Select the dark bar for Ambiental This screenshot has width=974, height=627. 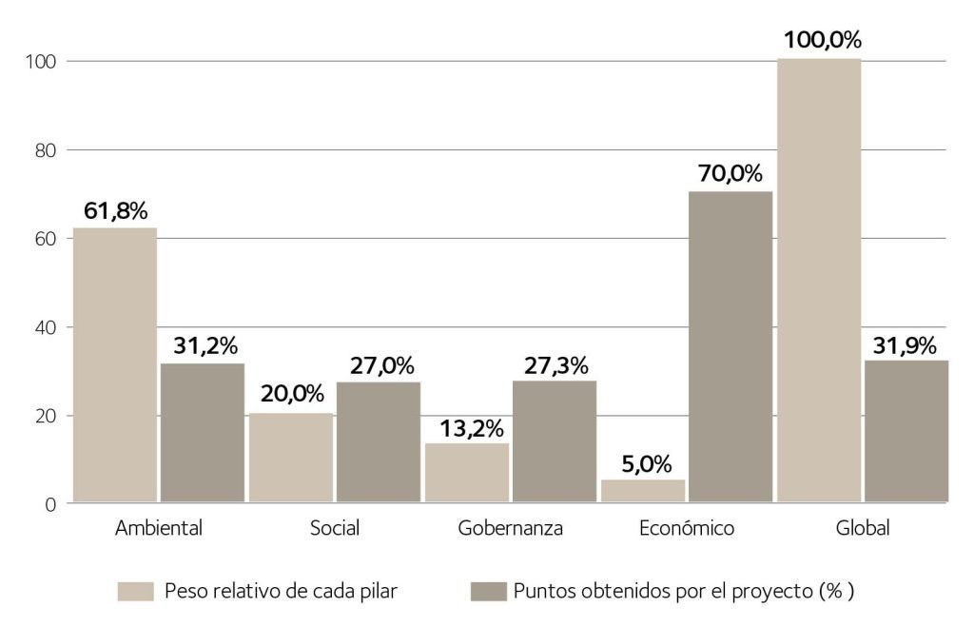click(202, 432)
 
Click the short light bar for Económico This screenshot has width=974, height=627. click(642, 490)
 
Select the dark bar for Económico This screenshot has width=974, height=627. click(730, 346)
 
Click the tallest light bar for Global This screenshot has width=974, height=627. click(818, 280)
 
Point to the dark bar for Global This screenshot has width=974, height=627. click(906, 430)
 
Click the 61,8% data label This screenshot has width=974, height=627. click(115, 211)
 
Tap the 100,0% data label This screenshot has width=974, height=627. click(822, 41)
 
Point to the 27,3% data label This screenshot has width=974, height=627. click(555, 365)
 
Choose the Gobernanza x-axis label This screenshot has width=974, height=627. click(510, 528)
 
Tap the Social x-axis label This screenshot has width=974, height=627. click(334, 528)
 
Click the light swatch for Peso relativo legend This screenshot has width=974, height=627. click(135, 591)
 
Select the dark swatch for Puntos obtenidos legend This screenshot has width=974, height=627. click(488, 591)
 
